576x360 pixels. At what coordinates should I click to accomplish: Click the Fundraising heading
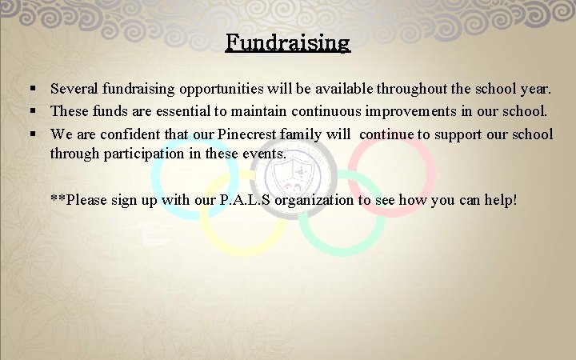pyautogui.click(x=288, y=42)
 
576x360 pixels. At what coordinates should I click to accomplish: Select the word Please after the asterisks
pyautogui.click(x=90, y=199)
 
